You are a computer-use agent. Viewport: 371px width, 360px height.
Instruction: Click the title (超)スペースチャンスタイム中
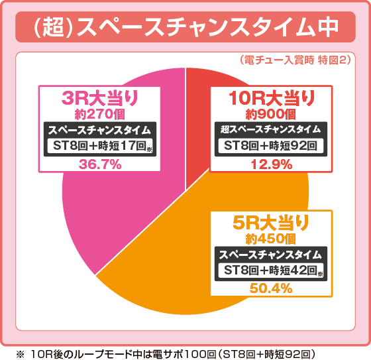click(x=185, y=28)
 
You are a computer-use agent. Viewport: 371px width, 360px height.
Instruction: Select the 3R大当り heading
click(x=99, y=98)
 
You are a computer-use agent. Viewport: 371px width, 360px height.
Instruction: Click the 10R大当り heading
click(x=272, y=98)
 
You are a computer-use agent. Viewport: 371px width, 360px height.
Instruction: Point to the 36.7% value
click(x=99, y=165)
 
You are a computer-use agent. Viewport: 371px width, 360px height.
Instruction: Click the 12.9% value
click(x=272, y=165)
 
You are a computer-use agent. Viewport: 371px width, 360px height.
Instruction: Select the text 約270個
click(x=99, y=113)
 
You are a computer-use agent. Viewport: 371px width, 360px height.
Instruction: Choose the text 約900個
click(x=272, y=113)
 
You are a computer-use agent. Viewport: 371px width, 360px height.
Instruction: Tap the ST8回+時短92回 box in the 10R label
click(x=272, y=145)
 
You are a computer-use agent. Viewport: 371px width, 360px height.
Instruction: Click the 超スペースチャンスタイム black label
click(x=272, y=129)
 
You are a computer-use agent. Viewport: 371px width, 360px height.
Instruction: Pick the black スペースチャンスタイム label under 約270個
click(x=99, y=129)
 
